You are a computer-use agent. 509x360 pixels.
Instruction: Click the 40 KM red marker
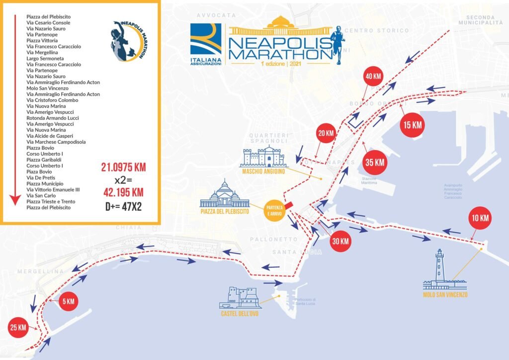click(x=373, y=77)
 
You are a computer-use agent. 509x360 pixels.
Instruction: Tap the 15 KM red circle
click(x=413, y=125)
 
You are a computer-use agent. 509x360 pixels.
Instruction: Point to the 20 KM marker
click(x=326, y=133)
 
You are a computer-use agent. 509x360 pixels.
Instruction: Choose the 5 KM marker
click(x=68, y=301)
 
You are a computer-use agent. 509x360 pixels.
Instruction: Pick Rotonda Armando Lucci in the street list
click(x=53, y=118)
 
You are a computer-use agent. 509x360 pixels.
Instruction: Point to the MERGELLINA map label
click(x=40, y=271)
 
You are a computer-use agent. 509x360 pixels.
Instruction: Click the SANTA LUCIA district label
click(x=297, y=252)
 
